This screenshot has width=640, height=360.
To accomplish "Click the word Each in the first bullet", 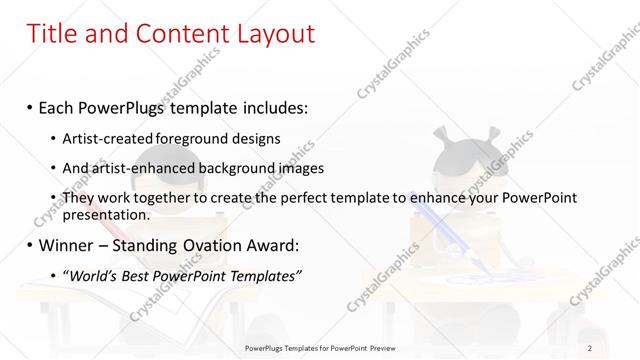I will coord(59,106).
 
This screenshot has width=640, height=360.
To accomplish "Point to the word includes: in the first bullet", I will coord(271,106).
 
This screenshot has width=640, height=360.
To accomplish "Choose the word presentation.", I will coord(106,214).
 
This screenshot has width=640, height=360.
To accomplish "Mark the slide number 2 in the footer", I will coord(590,347).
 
